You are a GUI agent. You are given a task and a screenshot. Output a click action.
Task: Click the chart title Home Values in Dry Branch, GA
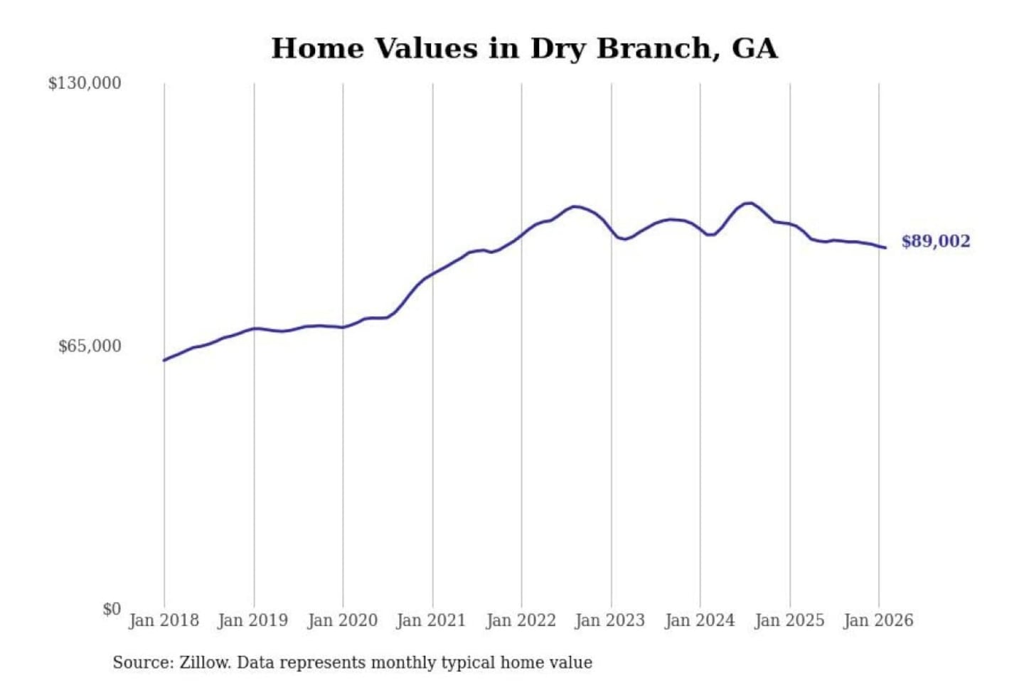[x=524, y=48]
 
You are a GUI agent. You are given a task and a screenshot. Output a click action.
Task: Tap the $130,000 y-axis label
[x=85, y=83]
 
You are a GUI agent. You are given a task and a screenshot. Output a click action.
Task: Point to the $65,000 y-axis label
[x=90, y=346]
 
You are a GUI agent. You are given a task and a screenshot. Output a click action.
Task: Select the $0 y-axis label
[x=111, y=609]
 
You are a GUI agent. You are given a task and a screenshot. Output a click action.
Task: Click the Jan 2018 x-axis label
[x=164, y=620]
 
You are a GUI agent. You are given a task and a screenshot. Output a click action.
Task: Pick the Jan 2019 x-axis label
[x=252, y=620]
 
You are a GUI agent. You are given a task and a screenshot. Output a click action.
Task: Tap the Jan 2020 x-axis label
[x=342, y=620]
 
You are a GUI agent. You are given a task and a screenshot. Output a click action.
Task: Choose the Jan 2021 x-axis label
[x=431, y=620]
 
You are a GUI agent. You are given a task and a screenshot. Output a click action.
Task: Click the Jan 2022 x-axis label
[x=521, y=620]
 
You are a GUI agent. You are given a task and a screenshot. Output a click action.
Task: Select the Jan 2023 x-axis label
[x=609, y=620]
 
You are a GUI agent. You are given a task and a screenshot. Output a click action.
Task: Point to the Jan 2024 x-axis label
[x=699, y=620]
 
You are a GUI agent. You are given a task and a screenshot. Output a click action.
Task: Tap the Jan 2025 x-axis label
[x=789, y=620]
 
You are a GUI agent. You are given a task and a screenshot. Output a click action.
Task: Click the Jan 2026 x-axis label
[x=878, y=620]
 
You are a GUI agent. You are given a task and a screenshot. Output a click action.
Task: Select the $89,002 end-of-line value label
[x=935, y=241]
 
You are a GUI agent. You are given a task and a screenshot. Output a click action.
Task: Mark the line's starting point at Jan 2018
[x=164, y=360]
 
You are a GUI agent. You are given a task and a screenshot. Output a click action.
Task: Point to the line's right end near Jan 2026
[x=885, y=248]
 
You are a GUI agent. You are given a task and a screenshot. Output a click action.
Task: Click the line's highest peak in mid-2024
[x=748, y=203]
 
